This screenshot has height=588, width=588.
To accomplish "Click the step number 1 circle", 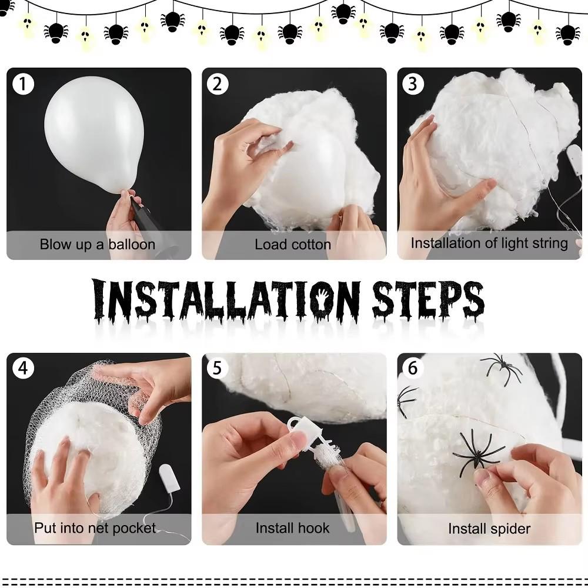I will coord(23,85).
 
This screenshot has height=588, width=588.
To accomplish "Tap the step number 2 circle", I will coord(218,85).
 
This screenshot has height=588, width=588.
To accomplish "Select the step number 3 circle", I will coord(413,85).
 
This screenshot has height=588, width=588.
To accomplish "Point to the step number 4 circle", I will coord(23,369).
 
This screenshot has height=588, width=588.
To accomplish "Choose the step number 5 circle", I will coord(218,369).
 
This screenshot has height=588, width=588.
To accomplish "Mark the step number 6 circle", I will coord(413,369).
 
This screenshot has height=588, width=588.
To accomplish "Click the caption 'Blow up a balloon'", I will coord(98,245).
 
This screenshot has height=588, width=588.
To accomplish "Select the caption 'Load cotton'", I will coord(293,245).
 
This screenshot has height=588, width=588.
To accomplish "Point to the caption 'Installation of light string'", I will coord(489,243).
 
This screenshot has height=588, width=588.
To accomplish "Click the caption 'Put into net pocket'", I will coord(95,527).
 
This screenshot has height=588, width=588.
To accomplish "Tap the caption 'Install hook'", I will coord(293,528).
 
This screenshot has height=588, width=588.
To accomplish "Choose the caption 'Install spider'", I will coord(489,529).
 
